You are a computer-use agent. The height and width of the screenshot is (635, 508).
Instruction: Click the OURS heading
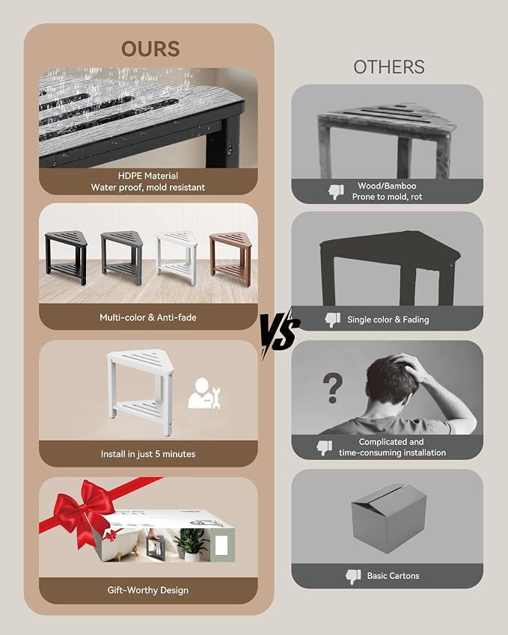coord(150,49)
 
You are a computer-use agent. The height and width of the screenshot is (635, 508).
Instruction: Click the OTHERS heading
coord(389,67)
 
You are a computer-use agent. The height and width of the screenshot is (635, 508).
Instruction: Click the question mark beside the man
coord(333,388)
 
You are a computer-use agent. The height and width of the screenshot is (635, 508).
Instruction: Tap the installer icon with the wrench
coord(203,393)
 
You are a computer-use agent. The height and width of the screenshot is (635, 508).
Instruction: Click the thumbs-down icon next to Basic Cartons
coord(353,576)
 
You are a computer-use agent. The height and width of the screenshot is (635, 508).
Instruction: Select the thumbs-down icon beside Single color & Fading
coord(333,320)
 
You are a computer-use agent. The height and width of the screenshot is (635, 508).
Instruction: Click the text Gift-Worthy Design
coord(148,590)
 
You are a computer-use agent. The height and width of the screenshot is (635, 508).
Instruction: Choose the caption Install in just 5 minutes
coord(148,454)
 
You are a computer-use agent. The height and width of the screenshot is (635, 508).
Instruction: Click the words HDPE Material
coord(148,176)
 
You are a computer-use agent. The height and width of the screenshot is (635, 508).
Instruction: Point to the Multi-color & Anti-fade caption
coord(148,317)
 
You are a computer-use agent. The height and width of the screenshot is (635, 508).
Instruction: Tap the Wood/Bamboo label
coord(387,186)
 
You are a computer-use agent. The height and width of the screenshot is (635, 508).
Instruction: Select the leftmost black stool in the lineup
coord(66,257)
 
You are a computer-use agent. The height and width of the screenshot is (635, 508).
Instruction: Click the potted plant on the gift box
coord(189,544)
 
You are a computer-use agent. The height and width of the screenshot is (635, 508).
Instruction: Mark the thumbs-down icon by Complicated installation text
coord(325,448)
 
